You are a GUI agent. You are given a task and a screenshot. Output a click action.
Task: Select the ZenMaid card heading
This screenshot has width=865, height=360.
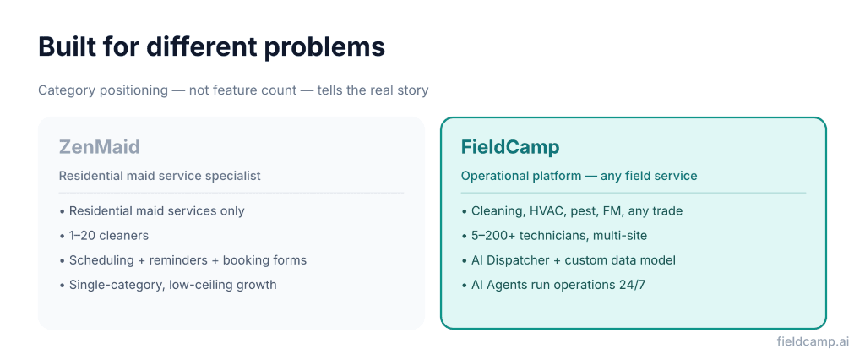[x=99, y=147]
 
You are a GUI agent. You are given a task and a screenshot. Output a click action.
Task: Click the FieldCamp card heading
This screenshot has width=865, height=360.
[x=510, y=147]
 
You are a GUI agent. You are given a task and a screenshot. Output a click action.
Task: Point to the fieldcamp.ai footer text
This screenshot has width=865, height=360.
[x=813, y=341]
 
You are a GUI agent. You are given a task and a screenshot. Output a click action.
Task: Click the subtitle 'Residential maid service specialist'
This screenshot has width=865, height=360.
[x=160, y=176]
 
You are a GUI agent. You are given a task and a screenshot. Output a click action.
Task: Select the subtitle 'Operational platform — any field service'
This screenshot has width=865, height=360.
[x=579, y=176]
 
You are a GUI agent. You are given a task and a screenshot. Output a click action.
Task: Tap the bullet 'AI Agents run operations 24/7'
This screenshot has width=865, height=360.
[x=559, y=285]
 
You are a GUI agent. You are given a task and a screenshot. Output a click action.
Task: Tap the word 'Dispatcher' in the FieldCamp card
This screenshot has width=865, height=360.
[x=522, y=260]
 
